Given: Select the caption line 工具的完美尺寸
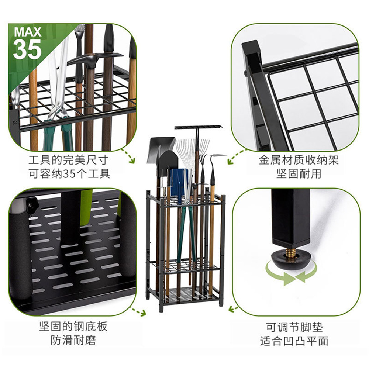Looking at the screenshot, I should tap(69, 160).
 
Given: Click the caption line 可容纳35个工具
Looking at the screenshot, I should tap(69, 173).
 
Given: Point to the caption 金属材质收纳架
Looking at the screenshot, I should tap(299, 160).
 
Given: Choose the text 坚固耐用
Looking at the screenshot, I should tap(299, 173).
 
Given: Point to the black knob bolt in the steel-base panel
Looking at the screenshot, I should tap(32, 203).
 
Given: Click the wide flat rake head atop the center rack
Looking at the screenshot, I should tap(198, 127).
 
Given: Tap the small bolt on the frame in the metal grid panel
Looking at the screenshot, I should tap(246, 73).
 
